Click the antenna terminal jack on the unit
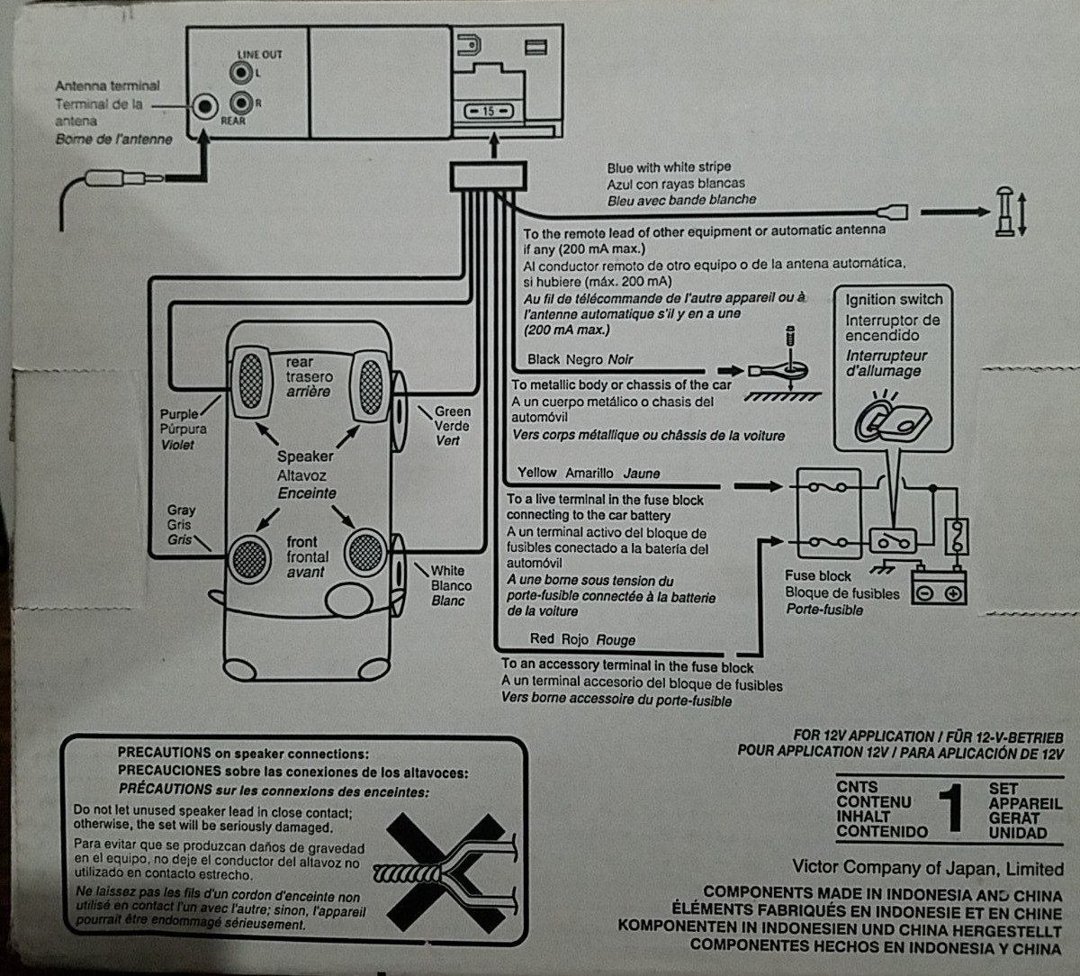[205, 106]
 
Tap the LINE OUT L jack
[241, 73]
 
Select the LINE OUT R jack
[241, 103]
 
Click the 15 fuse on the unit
[489, 112]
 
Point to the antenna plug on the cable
[125, 178]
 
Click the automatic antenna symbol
[1004, 212]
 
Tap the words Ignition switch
[894, 300]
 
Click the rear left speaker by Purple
[251, 382]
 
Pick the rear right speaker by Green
[371, 387]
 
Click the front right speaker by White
[365, 553]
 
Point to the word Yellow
[536, 473]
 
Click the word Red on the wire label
[542, 638]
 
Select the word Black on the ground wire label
[544, 358]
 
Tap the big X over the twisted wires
[445, 872]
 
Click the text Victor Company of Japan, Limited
[928, 868]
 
